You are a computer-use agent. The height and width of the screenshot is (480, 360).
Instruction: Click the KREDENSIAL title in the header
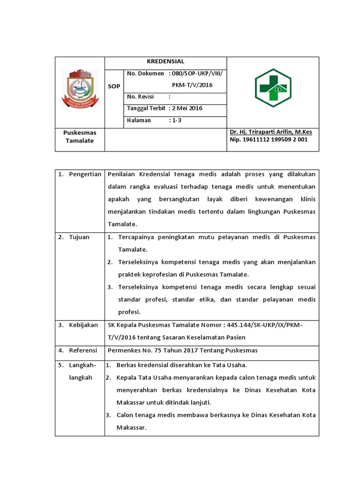(x=165, y=61)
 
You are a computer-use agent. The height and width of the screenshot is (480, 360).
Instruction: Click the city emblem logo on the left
(x=80, y=89)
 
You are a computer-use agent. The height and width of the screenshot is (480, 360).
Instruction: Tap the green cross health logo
(x=273, y=88)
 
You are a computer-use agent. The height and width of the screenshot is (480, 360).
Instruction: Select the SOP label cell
(x=114, y=86)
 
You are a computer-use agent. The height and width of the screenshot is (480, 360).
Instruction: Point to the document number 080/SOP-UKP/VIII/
(x=197, y=74)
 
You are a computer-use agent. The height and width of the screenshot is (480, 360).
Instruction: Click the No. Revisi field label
(x=141, y=97)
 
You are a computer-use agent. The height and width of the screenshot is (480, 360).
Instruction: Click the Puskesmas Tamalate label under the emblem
(x=79, y=136)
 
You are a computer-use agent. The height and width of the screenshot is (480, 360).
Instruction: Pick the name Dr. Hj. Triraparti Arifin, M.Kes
(x=270, y=132)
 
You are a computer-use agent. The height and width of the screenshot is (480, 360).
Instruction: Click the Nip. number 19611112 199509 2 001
(x=269, y=140)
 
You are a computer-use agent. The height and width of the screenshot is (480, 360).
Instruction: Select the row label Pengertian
(x=85, y=174)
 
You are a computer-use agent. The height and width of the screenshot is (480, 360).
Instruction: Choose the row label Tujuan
(x=79, y=237)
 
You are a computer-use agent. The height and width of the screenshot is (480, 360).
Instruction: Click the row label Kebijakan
(x=83, y=325)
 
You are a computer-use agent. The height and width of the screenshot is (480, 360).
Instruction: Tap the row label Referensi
(x=83, y=350)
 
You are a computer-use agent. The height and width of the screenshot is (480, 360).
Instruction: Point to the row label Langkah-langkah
(x=82, y=371)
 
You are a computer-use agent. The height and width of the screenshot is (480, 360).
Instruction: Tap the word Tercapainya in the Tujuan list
(x=137, y=237)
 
